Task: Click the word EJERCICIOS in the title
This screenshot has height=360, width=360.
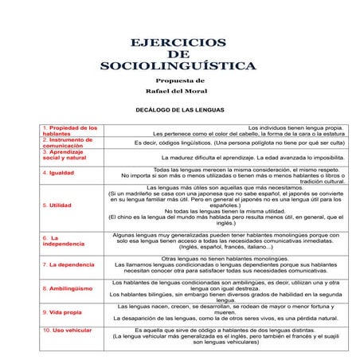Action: tap(179, 42)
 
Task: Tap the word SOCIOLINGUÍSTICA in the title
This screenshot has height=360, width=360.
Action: tap(179, 67)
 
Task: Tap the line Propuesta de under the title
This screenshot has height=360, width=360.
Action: tap(180, 81)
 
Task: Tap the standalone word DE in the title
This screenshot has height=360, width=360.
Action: tap(179, 54)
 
